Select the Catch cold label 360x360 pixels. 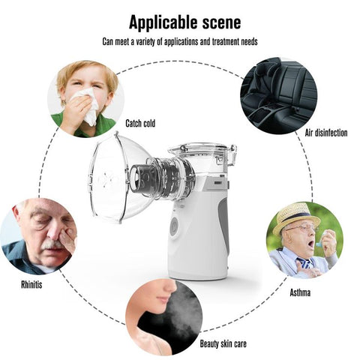[140, 123]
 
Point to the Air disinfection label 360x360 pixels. [326, 133]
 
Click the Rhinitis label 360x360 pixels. [31, 284]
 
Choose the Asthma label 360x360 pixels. [300, 292]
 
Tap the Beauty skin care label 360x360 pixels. [223, 343]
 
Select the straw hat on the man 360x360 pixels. [295, 217]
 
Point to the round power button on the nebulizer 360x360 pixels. [174, 226]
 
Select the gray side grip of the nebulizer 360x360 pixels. [223, 220]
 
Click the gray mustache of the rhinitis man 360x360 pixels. [52, 244]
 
